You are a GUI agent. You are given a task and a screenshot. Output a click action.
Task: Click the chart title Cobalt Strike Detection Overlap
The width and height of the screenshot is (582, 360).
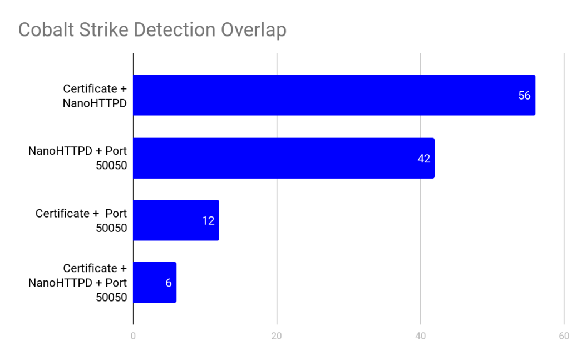pos(152,29)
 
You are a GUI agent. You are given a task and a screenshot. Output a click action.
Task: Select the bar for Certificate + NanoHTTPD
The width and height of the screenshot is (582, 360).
pos(334,95)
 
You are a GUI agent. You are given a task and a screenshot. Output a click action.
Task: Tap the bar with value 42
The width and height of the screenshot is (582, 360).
pos(283,158)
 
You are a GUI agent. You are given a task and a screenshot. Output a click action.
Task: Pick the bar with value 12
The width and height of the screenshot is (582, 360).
pos(176,220)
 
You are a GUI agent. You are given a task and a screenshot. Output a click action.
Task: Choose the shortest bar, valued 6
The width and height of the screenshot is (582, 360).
pos(155,283)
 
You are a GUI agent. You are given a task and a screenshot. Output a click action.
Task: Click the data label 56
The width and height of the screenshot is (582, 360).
pos(524,96)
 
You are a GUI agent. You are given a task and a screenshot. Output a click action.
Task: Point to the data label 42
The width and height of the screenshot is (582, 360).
pos(424,159)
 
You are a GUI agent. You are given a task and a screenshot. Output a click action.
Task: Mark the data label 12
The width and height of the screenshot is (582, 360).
pos(208,221)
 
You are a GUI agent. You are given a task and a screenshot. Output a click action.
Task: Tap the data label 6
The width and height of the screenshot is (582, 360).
pos(168,283)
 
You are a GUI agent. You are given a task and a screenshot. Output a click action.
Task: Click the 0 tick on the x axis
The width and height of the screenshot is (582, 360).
pos(133,336)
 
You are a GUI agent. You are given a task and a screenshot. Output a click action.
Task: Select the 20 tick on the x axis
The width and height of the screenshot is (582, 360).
pos(276,336)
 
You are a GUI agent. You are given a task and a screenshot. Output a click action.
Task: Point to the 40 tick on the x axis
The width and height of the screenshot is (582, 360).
pos(420,336)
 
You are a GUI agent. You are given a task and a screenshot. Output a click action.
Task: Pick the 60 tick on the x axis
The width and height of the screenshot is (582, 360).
pos(564,336)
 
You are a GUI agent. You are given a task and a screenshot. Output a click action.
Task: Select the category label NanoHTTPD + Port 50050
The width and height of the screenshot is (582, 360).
pos(78,158)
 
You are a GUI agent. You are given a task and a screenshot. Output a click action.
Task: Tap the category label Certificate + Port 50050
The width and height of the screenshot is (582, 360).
pos(81,220)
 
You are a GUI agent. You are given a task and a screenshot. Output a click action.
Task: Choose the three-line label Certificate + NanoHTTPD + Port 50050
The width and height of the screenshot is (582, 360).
pos(78,283)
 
